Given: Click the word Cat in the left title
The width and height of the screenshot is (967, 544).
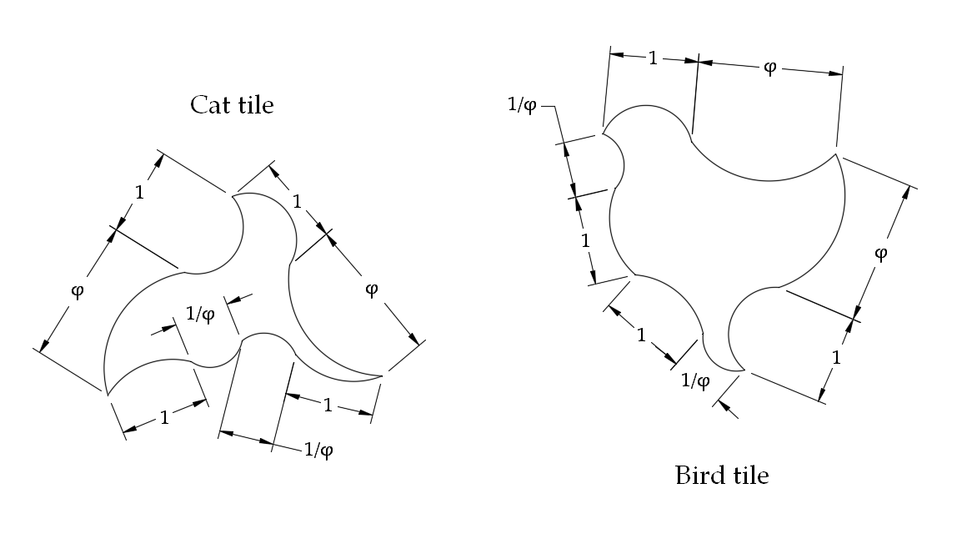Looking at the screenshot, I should [x=208, y=105].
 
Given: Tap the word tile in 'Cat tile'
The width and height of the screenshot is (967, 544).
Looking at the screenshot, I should [x=255, y=105].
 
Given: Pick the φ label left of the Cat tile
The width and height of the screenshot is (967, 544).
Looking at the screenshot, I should [x=78, y=292].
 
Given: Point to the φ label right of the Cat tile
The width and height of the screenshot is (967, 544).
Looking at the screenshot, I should [x=372, y=289].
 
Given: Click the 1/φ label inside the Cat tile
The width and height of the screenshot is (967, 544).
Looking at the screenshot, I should [x=199, y=315].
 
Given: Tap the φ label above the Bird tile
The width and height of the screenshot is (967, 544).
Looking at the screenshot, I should [x=769, y=68].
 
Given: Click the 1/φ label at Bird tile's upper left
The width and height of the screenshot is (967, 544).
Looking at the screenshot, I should [x=523, y=105].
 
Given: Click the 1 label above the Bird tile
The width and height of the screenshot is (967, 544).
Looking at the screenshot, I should [x=653, y=58].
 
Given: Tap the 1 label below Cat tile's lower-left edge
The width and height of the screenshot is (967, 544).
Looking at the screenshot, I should [x=164, y=417].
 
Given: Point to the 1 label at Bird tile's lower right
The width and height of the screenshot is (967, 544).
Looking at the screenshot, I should [x=837, y=357].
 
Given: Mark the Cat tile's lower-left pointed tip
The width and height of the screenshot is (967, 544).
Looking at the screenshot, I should [x=106, y=391].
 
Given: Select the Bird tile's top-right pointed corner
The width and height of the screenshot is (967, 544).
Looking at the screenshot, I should [x=835, y=153].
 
